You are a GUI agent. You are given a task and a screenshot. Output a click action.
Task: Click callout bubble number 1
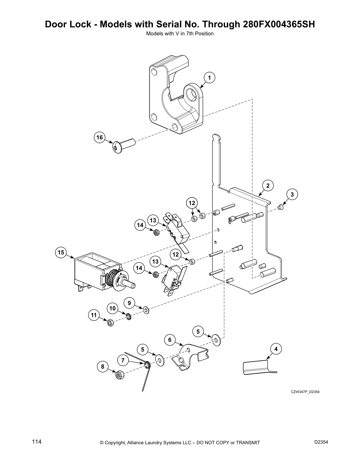209,78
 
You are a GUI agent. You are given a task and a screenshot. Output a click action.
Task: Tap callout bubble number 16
100,137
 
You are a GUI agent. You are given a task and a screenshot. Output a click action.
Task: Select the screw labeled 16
123,146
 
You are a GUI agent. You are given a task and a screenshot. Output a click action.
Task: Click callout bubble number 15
61,252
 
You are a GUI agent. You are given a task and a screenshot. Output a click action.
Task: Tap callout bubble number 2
268,186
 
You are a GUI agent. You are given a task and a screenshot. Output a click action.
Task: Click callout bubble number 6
170,340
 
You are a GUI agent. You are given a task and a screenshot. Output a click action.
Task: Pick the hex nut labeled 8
119,375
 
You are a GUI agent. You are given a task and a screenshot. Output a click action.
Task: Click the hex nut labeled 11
110,323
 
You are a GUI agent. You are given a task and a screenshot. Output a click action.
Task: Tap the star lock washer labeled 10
128,317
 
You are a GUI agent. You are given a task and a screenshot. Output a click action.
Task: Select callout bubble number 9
129,302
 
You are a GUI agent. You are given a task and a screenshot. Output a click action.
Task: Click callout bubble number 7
123,360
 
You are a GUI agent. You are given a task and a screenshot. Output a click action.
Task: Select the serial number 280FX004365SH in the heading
279,24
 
